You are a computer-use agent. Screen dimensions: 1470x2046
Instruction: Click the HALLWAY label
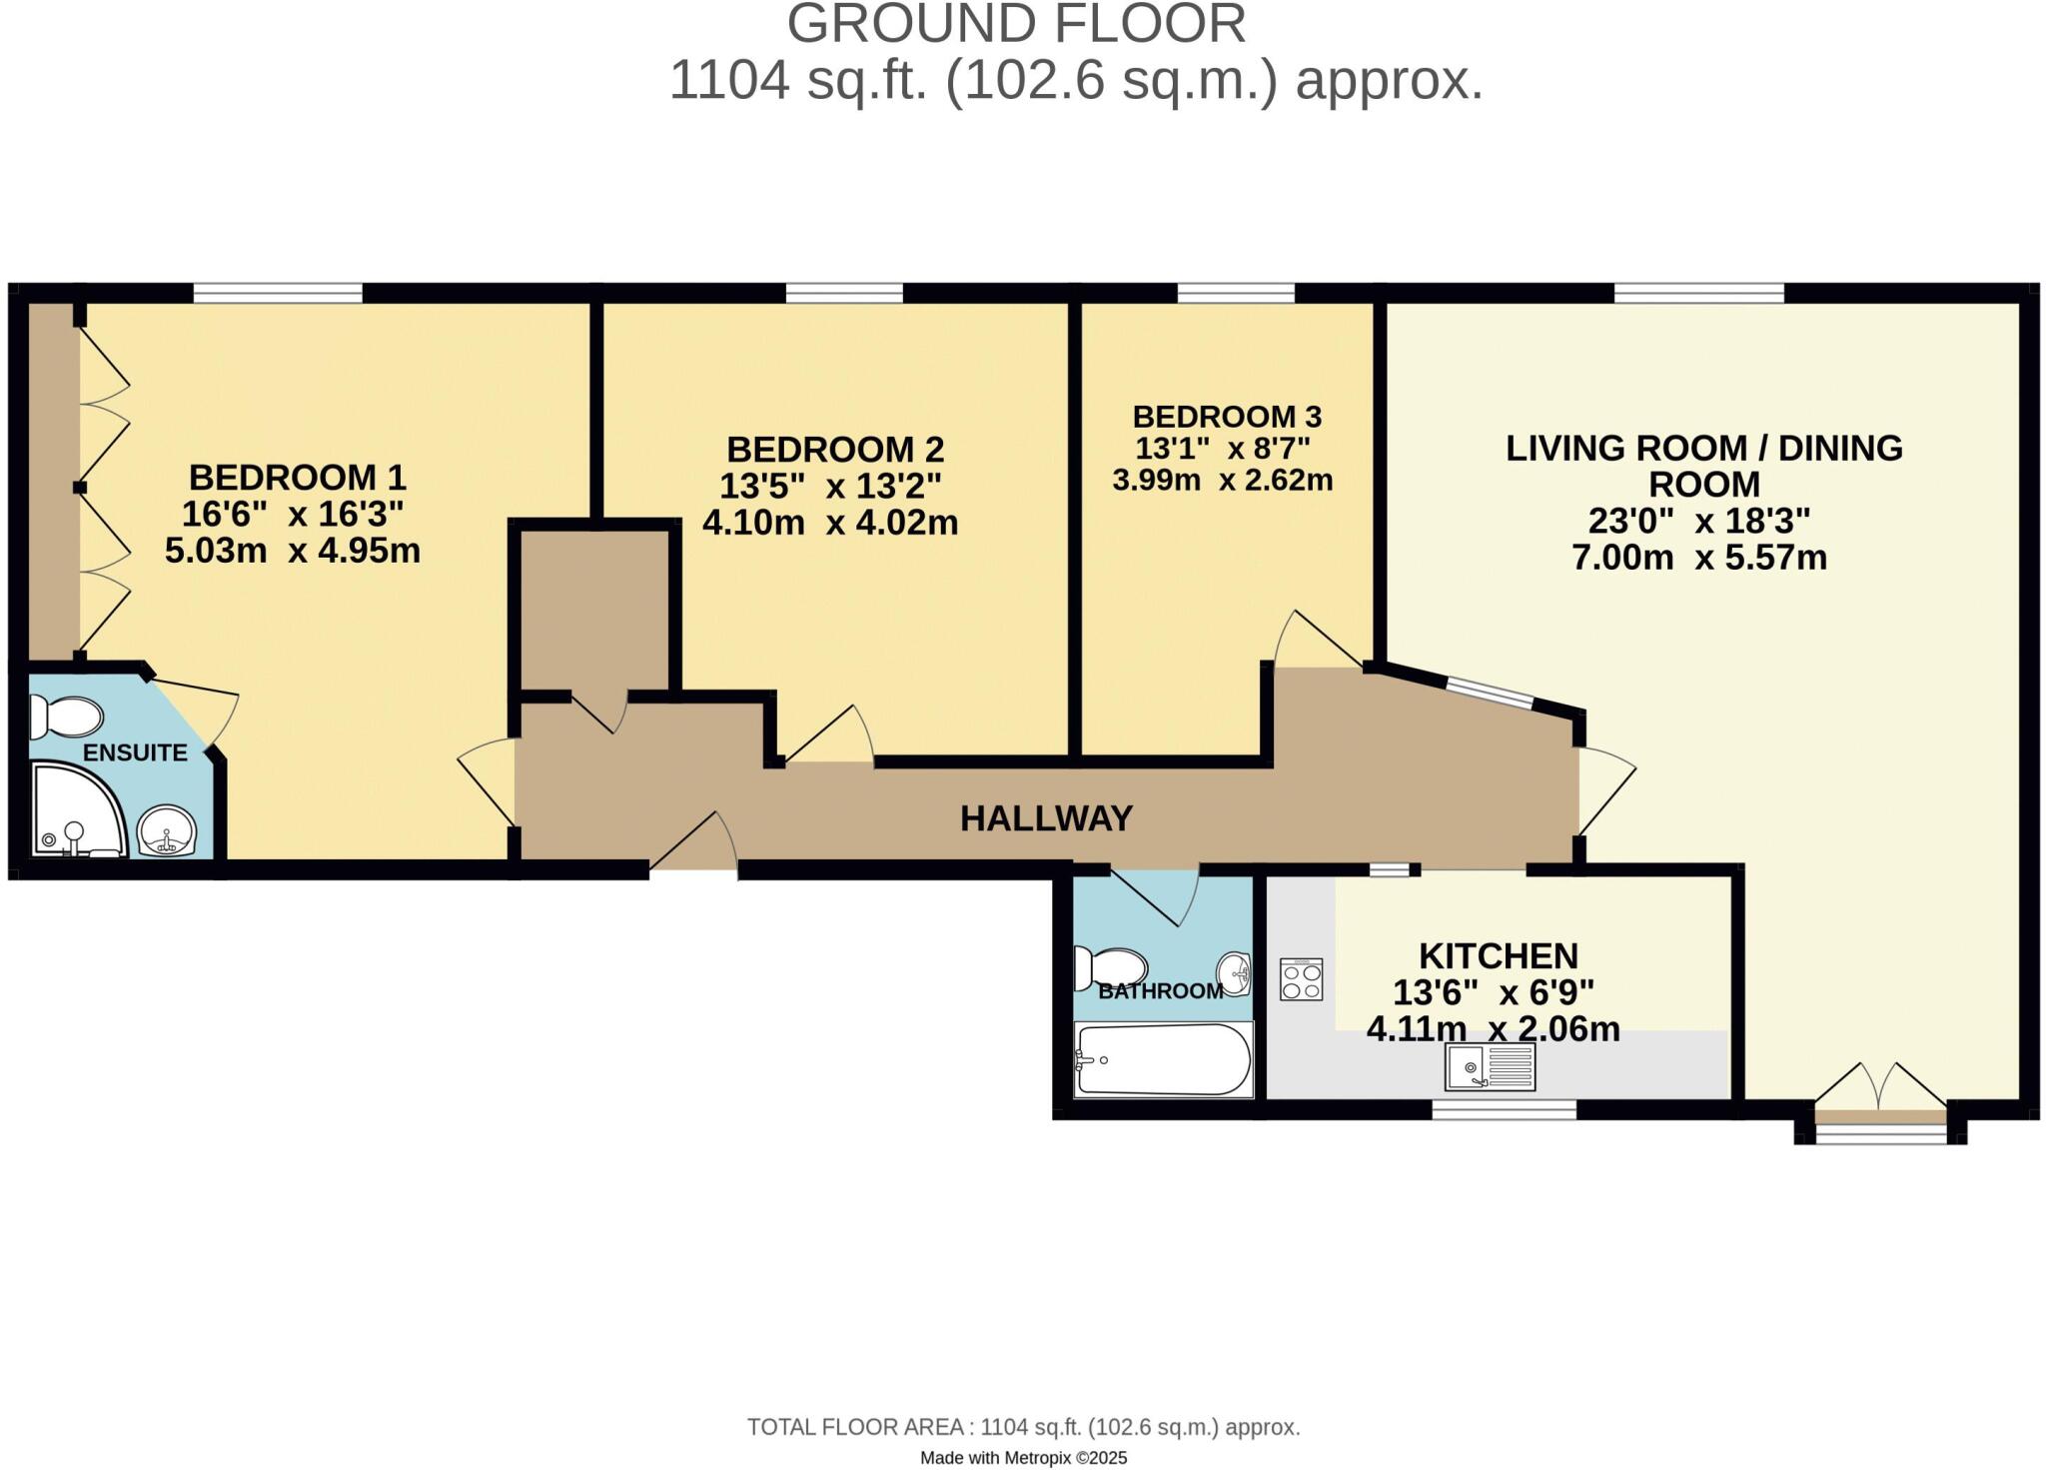[1046, 818]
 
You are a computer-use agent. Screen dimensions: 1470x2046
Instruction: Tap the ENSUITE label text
[135, 752]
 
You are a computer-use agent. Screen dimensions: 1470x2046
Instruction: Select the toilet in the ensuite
[66, 716]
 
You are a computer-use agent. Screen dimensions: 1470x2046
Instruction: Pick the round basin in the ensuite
[167, 830]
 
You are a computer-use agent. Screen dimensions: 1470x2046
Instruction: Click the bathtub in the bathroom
[1162, 1059]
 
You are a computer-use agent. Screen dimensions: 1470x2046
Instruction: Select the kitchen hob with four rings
[1302, 979]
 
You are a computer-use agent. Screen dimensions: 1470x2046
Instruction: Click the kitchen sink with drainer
[1490, 1066]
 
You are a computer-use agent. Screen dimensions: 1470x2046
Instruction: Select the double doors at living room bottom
[1880, 1089]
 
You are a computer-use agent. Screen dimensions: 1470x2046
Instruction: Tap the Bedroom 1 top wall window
[278, 293]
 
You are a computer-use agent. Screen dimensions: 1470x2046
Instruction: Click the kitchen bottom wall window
[1504, 1109]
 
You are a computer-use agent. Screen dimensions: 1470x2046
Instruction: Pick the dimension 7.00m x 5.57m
[1699, 557]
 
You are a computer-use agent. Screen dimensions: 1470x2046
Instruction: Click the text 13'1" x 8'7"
[1223, 447]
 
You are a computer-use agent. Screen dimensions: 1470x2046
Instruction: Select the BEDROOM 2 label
[835, 449]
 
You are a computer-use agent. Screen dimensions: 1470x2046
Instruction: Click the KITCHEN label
[1499, 955]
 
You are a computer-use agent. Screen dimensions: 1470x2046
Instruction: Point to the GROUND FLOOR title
[1016, 24]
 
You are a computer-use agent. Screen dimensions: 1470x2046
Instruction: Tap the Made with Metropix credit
[1023, 1458]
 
